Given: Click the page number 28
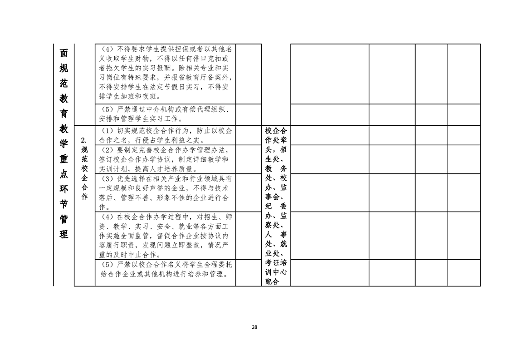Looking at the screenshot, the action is click(254, 327).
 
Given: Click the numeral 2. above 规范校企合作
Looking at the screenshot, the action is click(84, 140).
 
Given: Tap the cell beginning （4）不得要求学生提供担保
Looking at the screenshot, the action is click(165, 74).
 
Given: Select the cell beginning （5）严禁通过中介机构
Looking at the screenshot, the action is click(165, 115).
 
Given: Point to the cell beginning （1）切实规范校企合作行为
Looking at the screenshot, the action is click(165, 135).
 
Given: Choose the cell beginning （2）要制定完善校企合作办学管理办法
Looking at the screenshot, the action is click(165, 159).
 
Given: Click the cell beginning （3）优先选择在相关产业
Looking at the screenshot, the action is click(165, 192).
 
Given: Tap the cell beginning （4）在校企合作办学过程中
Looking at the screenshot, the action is click(165, 236).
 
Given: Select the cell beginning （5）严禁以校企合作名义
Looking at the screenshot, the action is click(165, 272).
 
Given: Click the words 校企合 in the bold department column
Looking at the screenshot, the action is click(276, 131).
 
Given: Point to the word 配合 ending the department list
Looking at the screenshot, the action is click(272, 281).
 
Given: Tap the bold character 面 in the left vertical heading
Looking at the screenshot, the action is click(64, 53).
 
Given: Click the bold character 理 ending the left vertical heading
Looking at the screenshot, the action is click(64, 234).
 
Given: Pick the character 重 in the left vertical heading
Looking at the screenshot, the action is click(64, 158).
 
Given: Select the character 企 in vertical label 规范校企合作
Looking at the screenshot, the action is click(84, 178).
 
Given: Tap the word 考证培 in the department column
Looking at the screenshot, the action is click(276, 262).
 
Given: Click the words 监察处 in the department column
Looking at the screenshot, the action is click(276, 220).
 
